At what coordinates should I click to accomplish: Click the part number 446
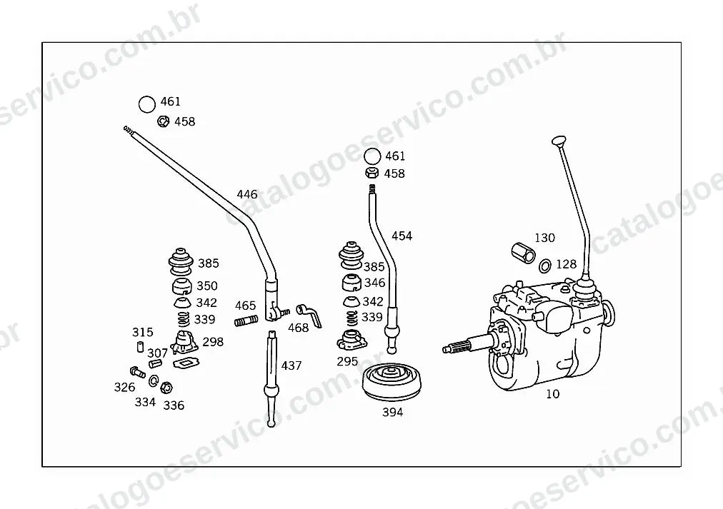click(x=247, y=194)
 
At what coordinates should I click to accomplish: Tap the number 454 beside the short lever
click(x=402, y=236)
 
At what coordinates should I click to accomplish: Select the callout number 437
click(x=291, y=366)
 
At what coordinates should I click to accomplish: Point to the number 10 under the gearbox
click(x=552, y=394)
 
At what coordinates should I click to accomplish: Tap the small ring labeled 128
click(x=545, y=266)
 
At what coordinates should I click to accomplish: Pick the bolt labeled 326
click(x=138, y=372)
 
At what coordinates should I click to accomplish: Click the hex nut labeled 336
click(x=167, y=388)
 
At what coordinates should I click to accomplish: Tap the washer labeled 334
click(x=154, y=381)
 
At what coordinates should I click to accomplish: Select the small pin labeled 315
click(x=140, y=346)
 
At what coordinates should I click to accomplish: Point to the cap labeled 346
click(x=351, y=283)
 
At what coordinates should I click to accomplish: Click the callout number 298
click(x=213, y=342)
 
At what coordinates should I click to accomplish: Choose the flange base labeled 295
click(x=351, y=341)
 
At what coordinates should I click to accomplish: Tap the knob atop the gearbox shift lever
click(x=559, y=140)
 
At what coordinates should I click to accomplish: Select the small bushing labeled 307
click(x=156, y=364)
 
